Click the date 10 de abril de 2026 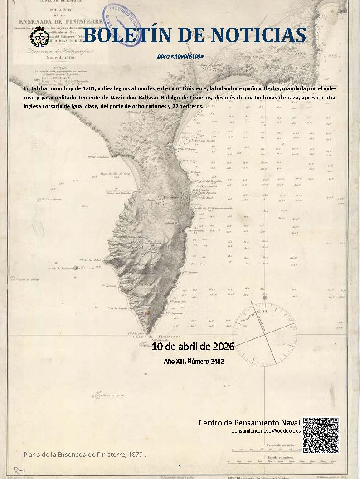coord(193,347)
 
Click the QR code coord(321,435)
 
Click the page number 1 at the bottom coord(180,466)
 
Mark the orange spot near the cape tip coord(147,313)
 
